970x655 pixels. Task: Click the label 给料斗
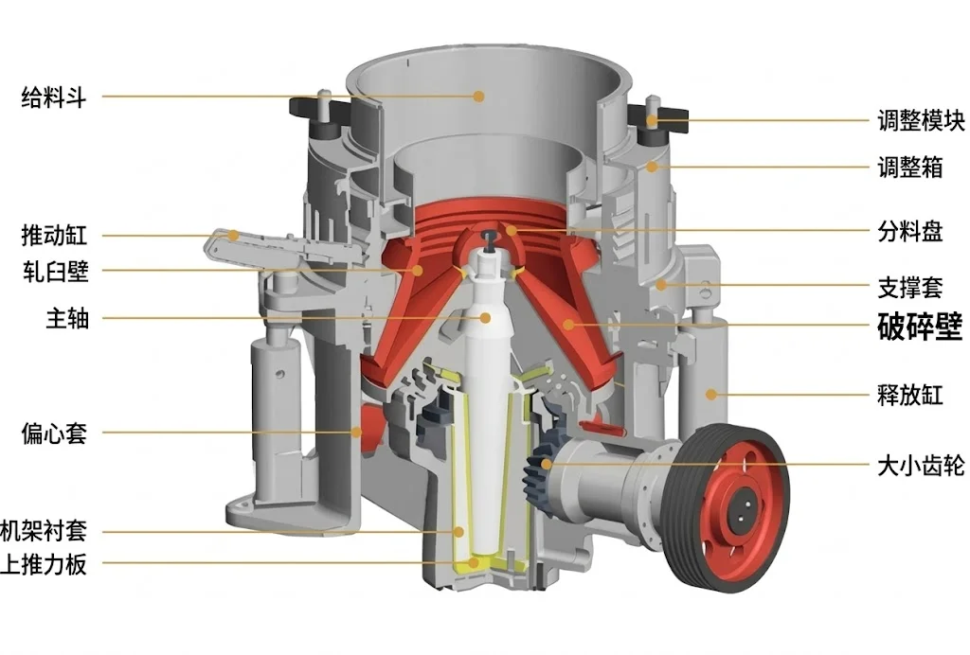tap(53, 97)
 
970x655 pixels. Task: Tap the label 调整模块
tap(921, 120)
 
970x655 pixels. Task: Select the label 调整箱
tap(910, 168)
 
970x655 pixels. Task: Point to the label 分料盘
tap(910, 232)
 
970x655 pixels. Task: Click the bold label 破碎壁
tap(920, 327)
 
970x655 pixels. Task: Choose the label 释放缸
tap(910, 395)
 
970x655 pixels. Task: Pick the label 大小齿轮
tap(921, 466)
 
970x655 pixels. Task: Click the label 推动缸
tap(54, 235)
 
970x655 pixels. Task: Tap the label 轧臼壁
tap(56, 272)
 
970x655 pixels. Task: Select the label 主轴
tap(67, 319)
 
